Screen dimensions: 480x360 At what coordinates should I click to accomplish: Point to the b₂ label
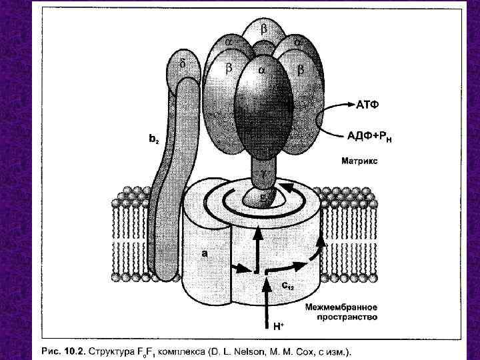tap(153, 139)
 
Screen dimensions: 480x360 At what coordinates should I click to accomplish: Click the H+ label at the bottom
tap(278, 326)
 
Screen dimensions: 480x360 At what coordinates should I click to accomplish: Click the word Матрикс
tap(361, 161)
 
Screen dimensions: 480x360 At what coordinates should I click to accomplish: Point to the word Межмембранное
tap(342, 307)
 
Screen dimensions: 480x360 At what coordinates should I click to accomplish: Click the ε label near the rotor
tap(263, 195)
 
